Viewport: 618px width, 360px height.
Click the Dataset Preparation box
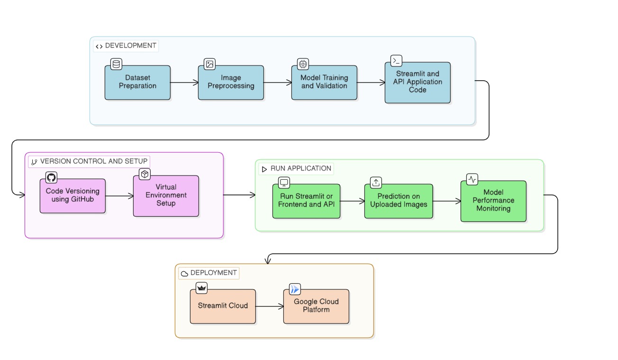137,82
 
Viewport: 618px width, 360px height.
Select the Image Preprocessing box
231,82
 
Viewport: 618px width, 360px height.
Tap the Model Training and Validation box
324,82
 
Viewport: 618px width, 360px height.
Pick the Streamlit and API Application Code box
418,82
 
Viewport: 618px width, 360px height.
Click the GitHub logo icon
51,178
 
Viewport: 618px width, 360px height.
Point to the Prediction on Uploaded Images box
399,201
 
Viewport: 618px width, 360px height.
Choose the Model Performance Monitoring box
493,201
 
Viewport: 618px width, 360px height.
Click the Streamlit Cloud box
223,306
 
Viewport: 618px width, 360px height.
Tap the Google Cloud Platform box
316,306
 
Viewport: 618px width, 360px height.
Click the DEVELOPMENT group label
126,46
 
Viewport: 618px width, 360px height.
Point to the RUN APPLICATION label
296,168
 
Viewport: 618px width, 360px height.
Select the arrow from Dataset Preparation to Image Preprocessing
184,83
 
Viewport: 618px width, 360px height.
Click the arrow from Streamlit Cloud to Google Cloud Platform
269,306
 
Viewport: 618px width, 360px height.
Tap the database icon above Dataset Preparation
116,64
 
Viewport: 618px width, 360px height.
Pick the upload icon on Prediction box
376,183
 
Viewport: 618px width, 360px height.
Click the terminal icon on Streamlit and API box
396,61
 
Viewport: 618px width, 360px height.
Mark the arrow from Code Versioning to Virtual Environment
119,195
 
